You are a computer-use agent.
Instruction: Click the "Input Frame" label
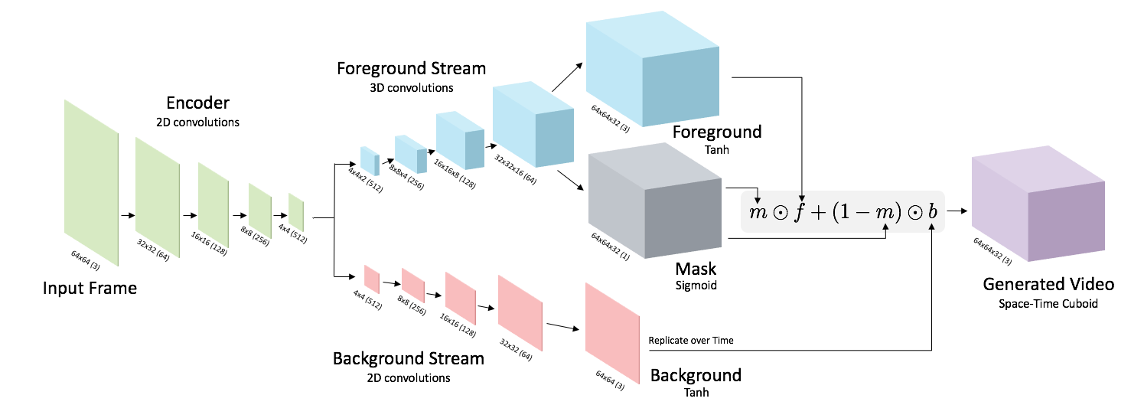coord(90,289)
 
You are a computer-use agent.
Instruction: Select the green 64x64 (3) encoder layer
coord(91,183)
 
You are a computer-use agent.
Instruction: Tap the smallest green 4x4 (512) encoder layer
coord(296,212)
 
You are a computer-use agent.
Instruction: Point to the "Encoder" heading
coord(198,103)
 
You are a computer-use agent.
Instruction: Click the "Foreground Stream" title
coord(411,68)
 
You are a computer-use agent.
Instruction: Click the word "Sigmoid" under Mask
coord(696,286)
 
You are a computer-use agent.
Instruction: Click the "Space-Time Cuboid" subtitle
coord(1048,303)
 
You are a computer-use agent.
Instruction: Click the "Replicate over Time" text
coord(690,340)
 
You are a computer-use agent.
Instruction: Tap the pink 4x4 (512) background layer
coord(372,279)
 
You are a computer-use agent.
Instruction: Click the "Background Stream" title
coord(409,358)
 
